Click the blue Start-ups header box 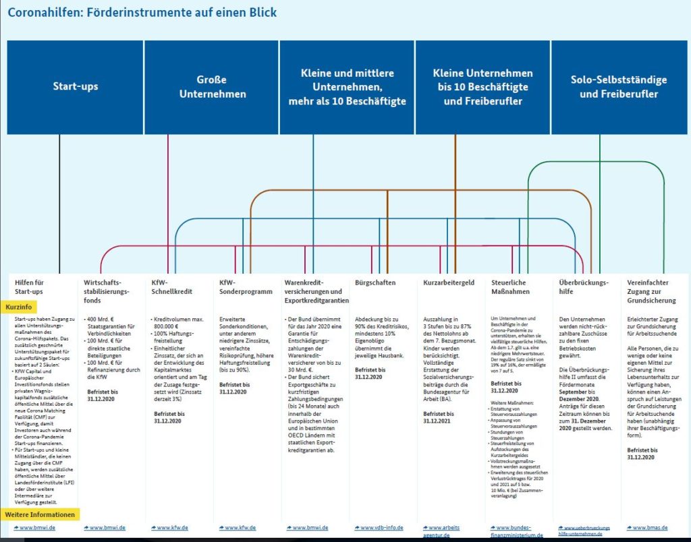coord(75,87)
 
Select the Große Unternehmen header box coord(212,87)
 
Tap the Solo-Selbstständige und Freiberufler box coord(618,87)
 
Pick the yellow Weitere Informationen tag coord(40,514)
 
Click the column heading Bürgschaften coord(375,282)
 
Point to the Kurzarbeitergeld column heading coord(449,282)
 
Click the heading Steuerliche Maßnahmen coord(510,287)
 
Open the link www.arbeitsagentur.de coord(446,531)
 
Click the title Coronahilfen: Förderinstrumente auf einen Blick coord(142,13)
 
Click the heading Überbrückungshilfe coord(584,287)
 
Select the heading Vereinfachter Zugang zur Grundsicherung coord(651,291)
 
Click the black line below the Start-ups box coord(59,202)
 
